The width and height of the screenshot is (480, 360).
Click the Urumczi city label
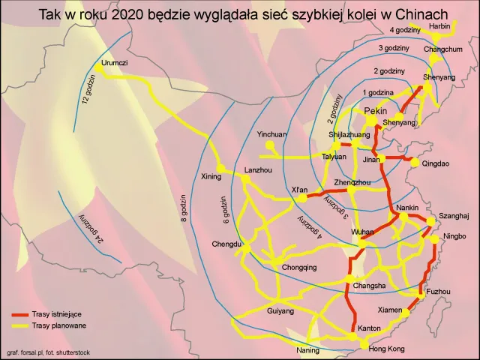(x=115, y=63)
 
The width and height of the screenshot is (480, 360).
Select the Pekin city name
(x=374, y=111)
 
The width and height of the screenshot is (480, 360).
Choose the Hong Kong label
(x=387, y=349)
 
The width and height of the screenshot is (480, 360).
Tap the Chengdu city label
(x=226, y=244)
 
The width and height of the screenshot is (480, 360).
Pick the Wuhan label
(x=363, y=232)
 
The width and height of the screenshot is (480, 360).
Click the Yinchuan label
(x=271, y=135)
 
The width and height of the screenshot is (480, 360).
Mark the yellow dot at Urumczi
(x=98, y=66)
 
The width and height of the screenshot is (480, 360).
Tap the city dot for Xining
(x=220, y=166)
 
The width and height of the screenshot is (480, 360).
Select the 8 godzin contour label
(x=184, y=210)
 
